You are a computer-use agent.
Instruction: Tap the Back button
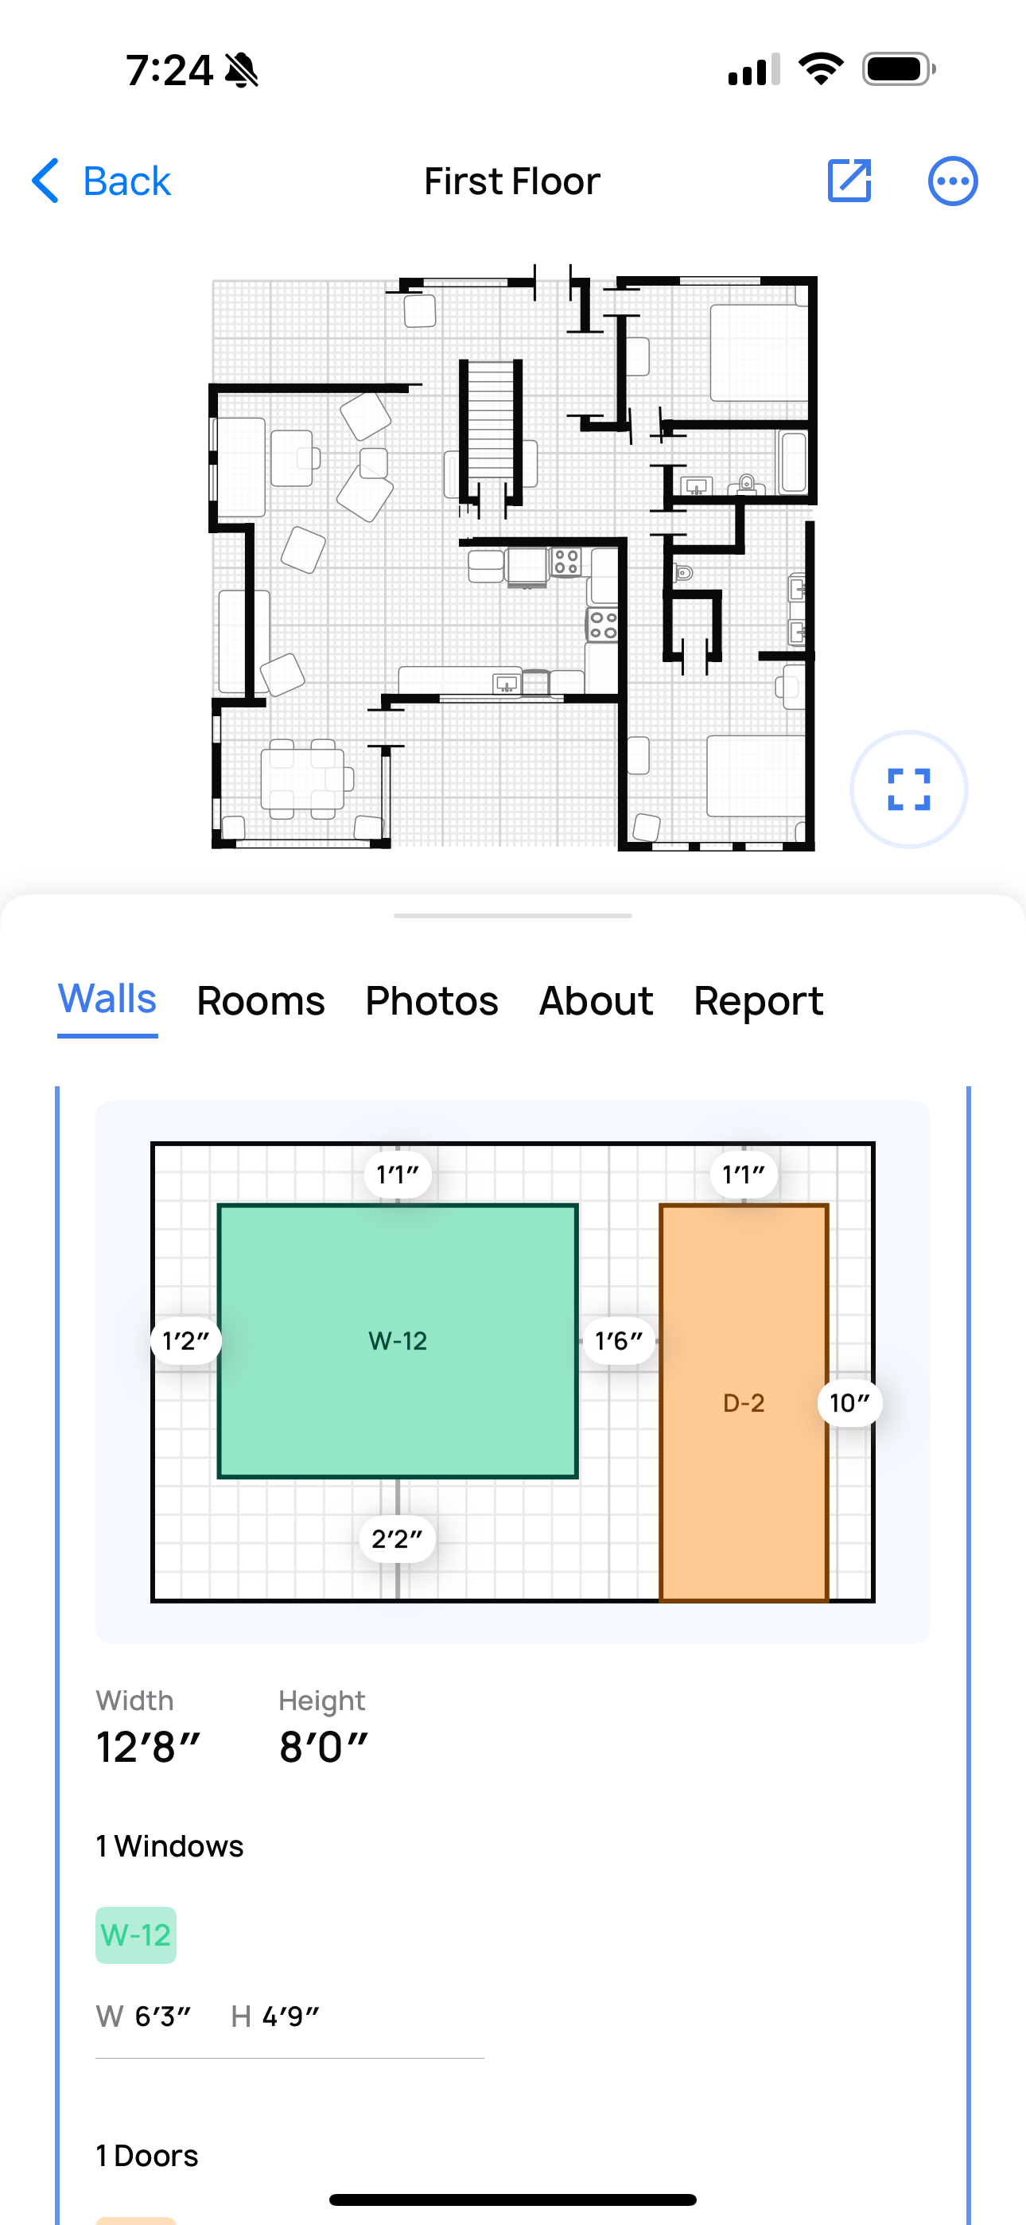pos(102,181)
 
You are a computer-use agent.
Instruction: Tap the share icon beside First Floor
pos(849,181)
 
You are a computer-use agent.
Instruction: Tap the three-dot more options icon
pos(953,181)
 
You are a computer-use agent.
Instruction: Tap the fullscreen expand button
pos(908,789)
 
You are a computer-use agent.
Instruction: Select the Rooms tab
pos(261,1001)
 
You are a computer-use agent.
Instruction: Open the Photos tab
pos(432,1001)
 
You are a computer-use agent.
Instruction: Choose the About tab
pos(596,1001)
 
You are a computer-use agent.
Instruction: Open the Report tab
pos(758,1001)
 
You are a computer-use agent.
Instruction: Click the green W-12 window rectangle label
pos(397,1341)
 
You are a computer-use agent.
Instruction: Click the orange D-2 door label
pos(744,1403)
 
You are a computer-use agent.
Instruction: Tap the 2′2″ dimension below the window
pos(397,1538)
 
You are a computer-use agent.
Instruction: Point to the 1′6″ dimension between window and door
pos(618,1341)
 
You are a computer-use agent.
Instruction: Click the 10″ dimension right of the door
pos(849,1403)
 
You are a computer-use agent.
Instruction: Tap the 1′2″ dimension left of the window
pos(185,1341)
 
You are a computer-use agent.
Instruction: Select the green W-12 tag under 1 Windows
pos(135,1935)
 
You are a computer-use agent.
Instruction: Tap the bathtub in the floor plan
pos(793,462)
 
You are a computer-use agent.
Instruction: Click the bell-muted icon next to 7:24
pos(241,70)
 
